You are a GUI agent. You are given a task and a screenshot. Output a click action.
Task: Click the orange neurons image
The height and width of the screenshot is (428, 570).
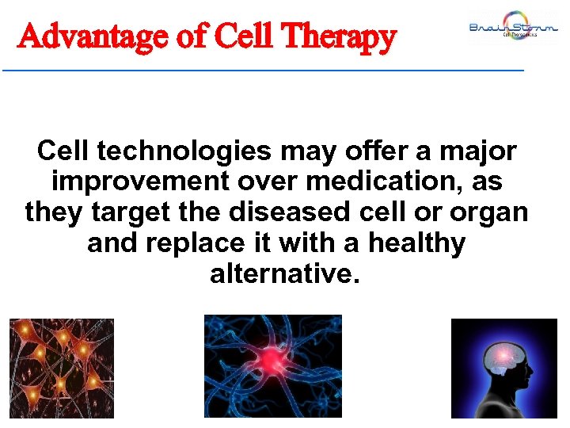pos(61,368)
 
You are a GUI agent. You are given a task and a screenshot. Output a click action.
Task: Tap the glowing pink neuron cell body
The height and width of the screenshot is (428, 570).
pos(272,361)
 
